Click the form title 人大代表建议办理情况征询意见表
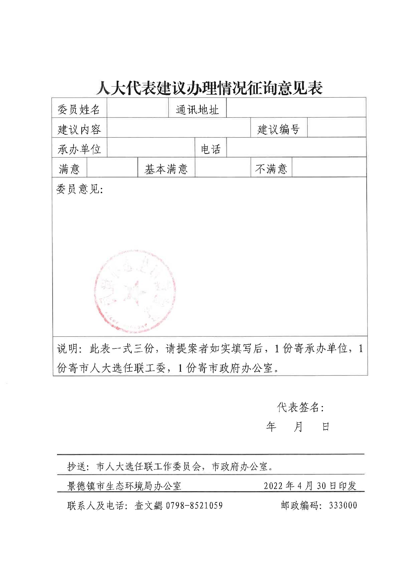pyautogui.click(x=209, y=88)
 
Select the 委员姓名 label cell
pyautogui.click(x=79, y=109)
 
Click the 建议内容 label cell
pyautogui.click(x=79, y=129)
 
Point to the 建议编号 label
pyautogui.click(x=278, y=129)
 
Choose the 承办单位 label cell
pyautogui.click(x=79, y=149)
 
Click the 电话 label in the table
pyautogui.click(x=210, y=149)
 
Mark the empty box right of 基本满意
pyautogui.click(x=222, y=168)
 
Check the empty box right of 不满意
pyautogui.click(x=329, y=168)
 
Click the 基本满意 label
pyautogui.click(x=166, y=169)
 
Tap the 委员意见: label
pyautogui.click(x=80, y=190)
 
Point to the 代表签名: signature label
pyautogui.click(x=300, y=407)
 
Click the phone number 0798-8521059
pyautogui.click(x=194, y=505)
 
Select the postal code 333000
pyautogui.click(x=343, y=505)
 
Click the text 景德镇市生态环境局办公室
pyautogui.click(x=124, y=486)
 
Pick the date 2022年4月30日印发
pyautogui.click(x=310, y=486)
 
